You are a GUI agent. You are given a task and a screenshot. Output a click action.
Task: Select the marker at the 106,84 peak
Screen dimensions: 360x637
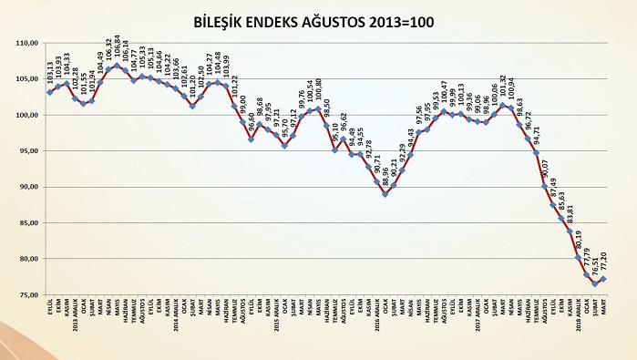(117, 66)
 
